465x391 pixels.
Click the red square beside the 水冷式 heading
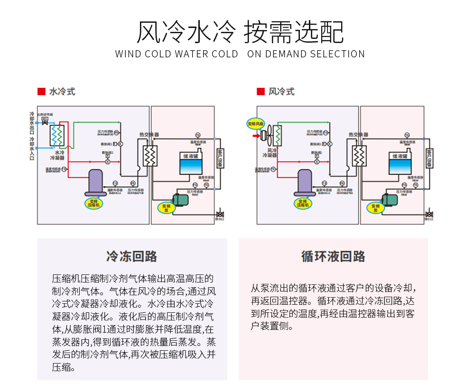click(x=41, y=91)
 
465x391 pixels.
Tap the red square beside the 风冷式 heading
click(x=260, y=91)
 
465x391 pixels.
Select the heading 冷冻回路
click(x=132, y=256)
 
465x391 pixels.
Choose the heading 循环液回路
click(x=333, y=256)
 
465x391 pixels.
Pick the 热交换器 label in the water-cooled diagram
click(x=149, y=135)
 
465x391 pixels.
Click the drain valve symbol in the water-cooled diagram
click(x=220, y=213)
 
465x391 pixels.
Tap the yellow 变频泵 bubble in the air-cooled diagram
click(x=375, y=208)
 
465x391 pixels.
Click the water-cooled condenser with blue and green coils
click(x=58, y=136)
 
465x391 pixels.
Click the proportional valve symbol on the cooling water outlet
click(x=45, y=122)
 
